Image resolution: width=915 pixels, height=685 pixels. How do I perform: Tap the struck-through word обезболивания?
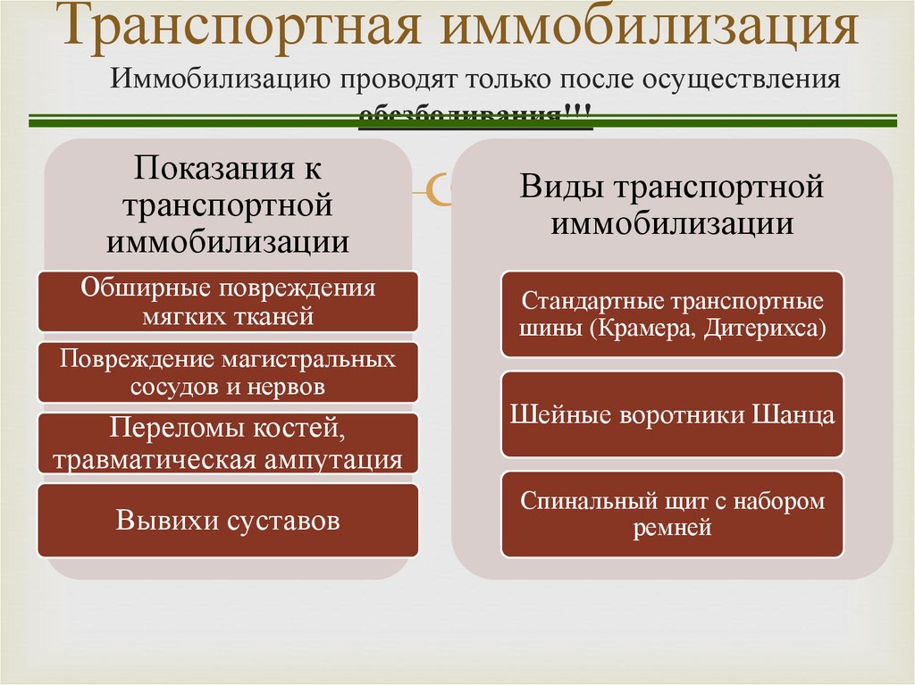(x=461, y=116)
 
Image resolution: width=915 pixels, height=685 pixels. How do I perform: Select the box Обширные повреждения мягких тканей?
(x=228, y=301)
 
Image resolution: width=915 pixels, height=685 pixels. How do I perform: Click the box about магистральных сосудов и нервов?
(x=228, y=372)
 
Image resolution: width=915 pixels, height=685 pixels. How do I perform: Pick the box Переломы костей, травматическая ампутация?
(x=228, y=443)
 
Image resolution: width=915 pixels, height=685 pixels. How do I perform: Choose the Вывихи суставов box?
(x=228, y=520)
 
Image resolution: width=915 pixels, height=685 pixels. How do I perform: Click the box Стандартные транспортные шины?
(x=672, y=313)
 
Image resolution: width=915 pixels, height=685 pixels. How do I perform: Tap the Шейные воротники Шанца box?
(x=672, y=414)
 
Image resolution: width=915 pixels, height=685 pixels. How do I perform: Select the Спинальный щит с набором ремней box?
(x=672, y=514)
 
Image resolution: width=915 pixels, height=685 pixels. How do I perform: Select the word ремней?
(x=672, y=527)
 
